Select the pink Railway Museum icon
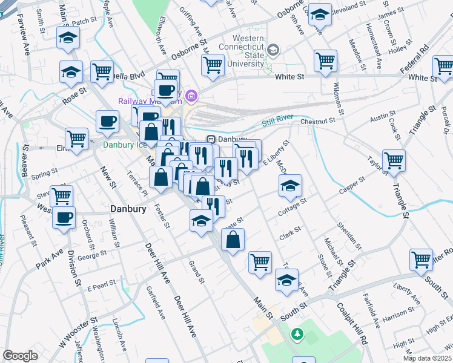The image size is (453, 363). [192, 94]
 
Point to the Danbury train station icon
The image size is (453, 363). [211, 139]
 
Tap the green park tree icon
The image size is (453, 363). [297, 333]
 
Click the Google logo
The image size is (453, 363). [20, 356]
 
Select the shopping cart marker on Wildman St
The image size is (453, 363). [325, 60]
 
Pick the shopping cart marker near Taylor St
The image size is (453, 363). [394, 160]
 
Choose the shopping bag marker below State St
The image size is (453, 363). [233, 240]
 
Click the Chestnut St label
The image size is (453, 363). [317, 122]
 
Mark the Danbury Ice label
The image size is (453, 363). [125, 145]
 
